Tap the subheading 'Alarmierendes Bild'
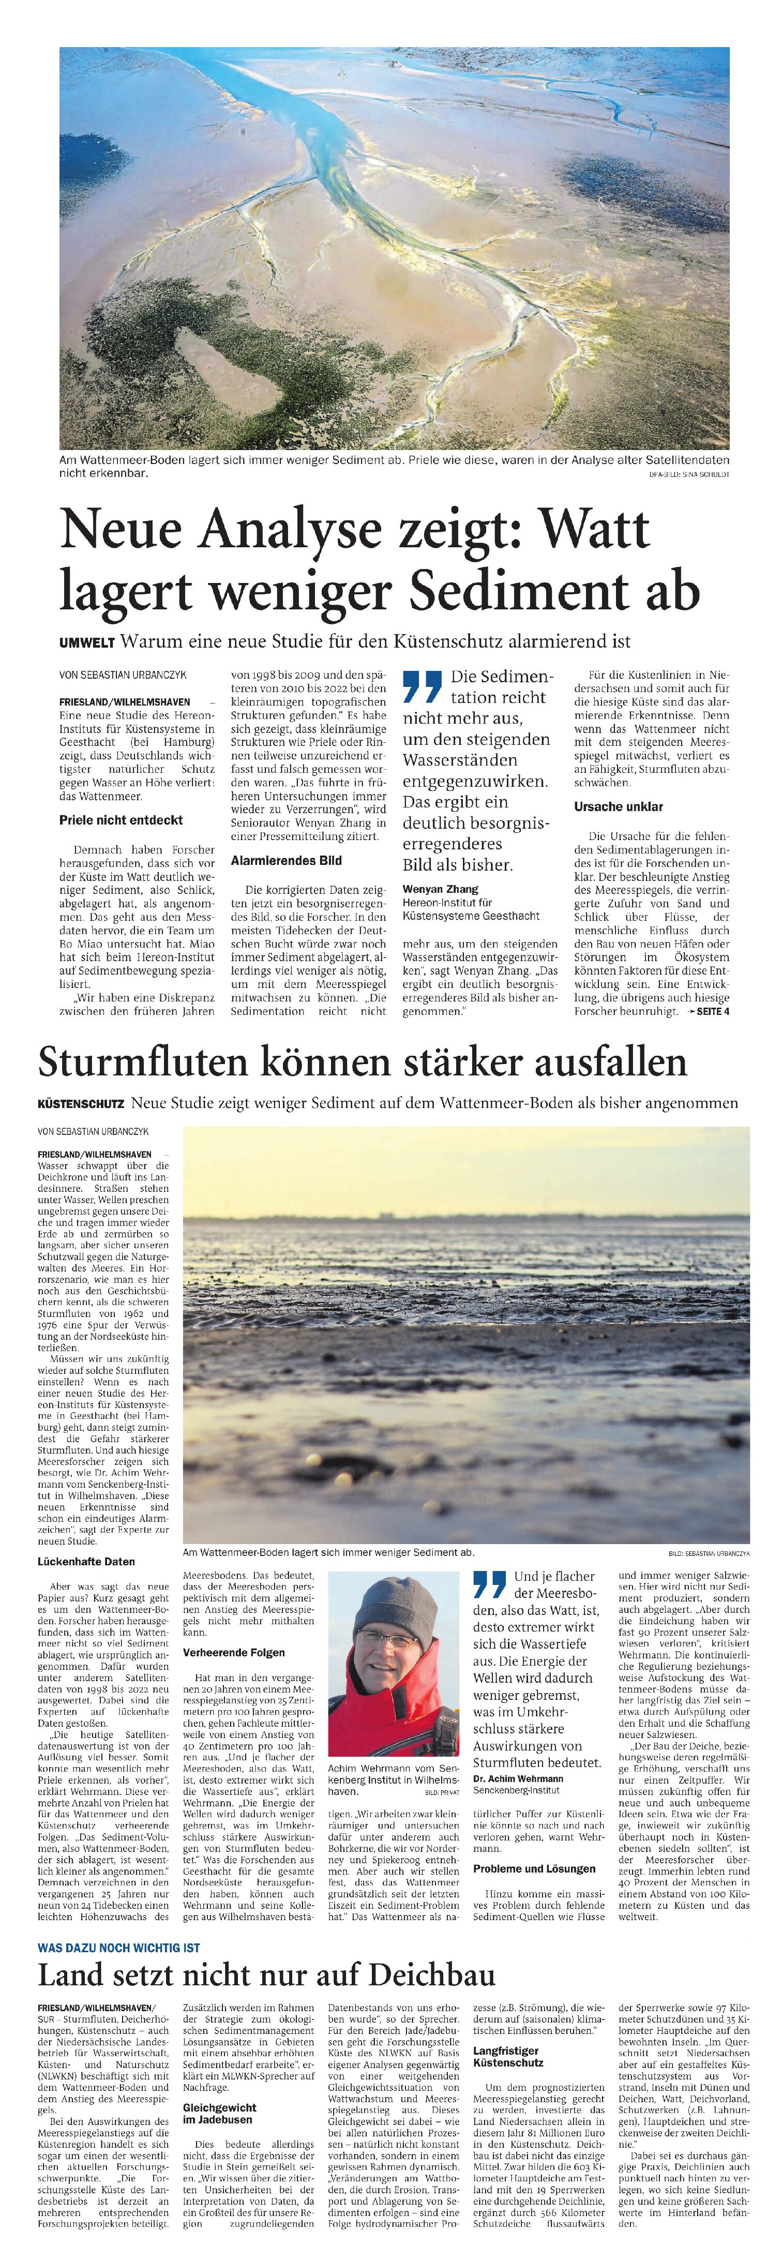pyautogui.click(x=286, y=861)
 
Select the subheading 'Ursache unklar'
pyautogui.click(x=618, y=806)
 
